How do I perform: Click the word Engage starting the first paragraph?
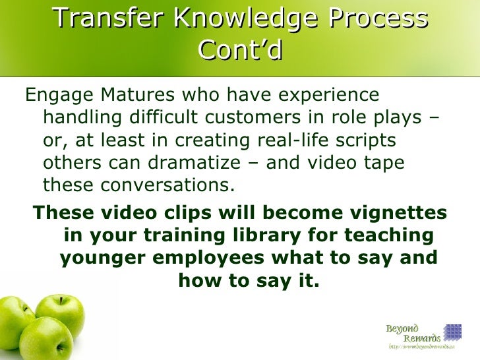[x=56, y=96]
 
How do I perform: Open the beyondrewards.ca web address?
[x=422, y=347]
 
